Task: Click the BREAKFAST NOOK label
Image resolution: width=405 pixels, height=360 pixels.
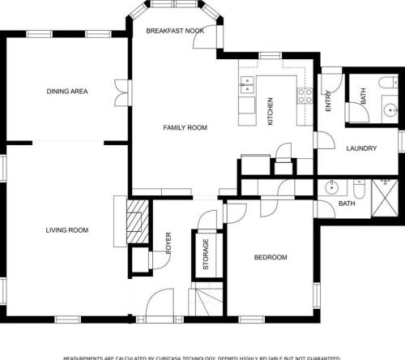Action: (174, 30)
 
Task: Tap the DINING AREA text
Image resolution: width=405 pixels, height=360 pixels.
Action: (66, 91)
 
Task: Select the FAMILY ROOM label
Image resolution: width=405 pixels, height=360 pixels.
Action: (185, 127)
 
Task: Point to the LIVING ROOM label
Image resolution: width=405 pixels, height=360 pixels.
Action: (66, 230)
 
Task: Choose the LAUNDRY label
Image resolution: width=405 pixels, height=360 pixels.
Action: (360, 148)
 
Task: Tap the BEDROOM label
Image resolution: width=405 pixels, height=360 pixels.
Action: (271, 257)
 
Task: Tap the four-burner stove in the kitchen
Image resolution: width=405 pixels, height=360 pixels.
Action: (305, 95)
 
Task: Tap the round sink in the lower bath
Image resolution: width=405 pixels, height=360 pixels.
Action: (330, 187)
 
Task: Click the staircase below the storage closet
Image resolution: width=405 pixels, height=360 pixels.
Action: (207, 302)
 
